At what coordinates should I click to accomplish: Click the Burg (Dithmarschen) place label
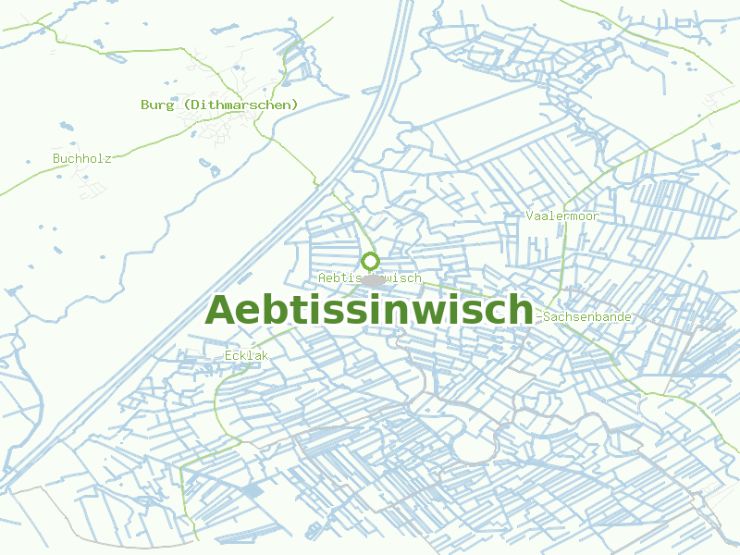[x=219, y=105]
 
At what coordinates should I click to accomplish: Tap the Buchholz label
[x=81, y=158]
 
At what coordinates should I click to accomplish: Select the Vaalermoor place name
[x=561, y=216]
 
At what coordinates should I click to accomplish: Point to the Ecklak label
[x=246, y=355]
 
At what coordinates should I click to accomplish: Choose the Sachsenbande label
[x=587, y=316]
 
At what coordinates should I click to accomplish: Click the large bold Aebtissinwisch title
[x=369, y=310]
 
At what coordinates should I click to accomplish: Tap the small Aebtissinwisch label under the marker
[x=369, y=277]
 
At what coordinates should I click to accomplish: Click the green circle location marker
[x=370, y=261]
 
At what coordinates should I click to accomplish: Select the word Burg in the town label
[x=157, y=105]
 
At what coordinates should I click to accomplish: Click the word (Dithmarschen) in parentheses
[x=240, y=105]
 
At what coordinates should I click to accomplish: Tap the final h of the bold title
[x=521, y=310]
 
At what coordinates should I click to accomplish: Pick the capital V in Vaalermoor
[x=529, y=216]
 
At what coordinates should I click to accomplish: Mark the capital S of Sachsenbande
[x=548, y=316]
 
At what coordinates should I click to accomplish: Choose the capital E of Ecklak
[x=228, y=355]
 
